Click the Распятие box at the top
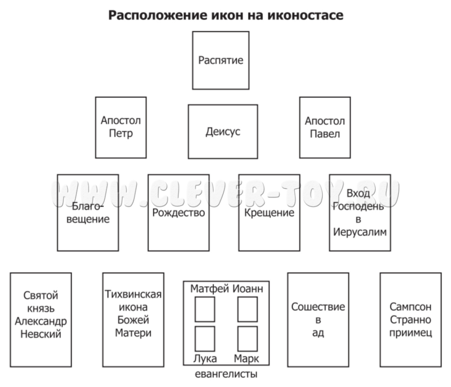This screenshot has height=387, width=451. pyautogui.click(x=220, y=60)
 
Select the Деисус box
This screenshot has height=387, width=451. pyautogui.click(x=222, y=131)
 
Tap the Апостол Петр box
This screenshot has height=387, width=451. pyautogui.click(x=121, y=127)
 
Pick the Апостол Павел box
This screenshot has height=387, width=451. pyautogui.click(x=325, y=127)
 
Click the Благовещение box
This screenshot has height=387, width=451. pyautogui.click(x=88, y=213)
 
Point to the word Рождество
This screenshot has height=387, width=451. pyautogui.click(x=179, y=212)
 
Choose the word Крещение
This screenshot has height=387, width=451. pyautogui.click(x=269, y=212)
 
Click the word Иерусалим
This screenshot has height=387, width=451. pyautogui.click(x=360, y=232)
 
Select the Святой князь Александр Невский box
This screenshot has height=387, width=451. pyautogui.click(x=41, y=319)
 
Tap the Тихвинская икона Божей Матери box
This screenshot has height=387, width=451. pyautogui.click(x=133, y=319)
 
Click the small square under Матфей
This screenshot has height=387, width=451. pyautogui.click(x=205, y=309)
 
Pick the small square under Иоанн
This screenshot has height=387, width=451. pyautogui.click(x=247, y=309)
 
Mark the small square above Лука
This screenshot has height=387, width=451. pyautogui.click(x=205, y=339)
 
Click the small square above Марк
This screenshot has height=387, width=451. pyautogui.click(x=247, y=339)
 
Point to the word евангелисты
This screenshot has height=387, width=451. pyautogui.click(x=226, y=375)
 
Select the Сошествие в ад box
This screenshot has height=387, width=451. pyautogui.click(x=318, y=319)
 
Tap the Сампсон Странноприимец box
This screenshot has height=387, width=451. pyautogui.click(x=411, y=319)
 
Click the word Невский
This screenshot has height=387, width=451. pyautogui.click(x=41, y=334)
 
